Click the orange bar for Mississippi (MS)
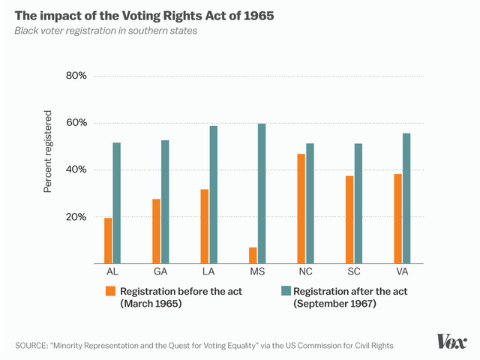tap(253, 256)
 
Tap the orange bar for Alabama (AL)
tap(108, 241)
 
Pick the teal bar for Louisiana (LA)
tap(213, 195)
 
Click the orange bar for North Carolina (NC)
tap(301, 208)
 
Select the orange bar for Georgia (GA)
tap(156, 231)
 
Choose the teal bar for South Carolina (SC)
tap(358, 203)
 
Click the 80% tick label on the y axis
tap(77, 76)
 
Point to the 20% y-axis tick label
tap(77, 217)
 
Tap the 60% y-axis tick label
tap(77, 123)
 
